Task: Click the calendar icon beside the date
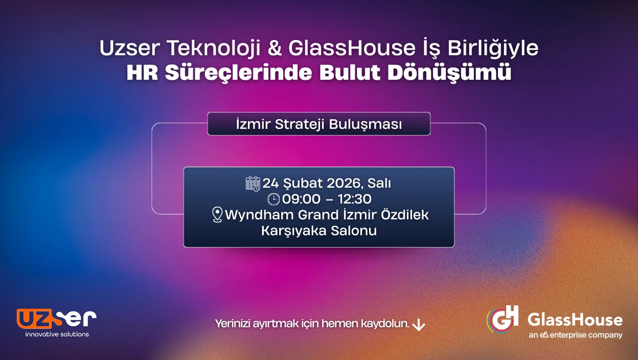pos(253,184)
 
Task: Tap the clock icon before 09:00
pos(274,199)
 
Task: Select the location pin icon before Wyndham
pos(217,215)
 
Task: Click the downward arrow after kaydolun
pos(419,325)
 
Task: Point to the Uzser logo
pos(56,319)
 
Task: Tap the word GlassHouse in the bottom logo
pos(575,320)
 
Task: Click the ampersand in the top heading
pos(276,49)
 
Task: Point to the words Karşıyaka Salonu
pos(319,231)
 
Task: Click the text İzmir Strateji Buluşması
pos(318,124)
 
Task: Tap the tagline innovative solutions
pos(57,334)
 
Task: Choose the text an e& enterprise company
pos(576,335)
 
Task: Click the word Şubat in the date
pos(297,183)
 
